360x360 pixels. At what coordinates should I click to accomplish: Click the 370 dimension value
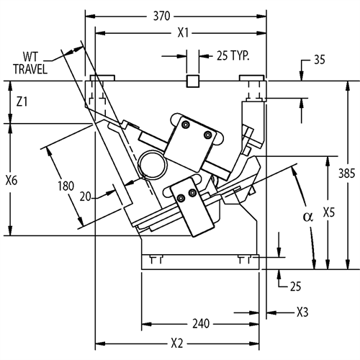[162, 17]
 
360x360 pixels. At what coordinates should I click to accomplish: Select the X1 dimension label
[183, 33]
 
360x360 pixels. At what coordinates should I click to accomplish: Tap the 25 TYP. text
[233, 55]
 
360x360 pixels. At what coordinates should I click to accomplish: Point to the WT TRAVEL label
[30, 63]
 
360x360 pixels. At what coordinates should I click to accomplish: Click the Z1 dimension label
[22, 102]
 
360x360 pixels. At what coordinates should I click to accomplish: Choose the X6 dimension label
[12, 180]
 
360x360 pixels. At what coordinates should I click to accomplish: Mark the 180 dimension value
[66, 186]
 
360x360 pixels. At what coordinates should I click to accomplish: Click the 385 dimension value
[346, 173]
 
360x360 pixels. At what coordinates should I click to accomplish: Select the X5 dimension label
[328, 212]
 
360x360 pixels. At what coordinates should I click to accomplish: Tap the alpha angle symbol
[308, 217]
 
